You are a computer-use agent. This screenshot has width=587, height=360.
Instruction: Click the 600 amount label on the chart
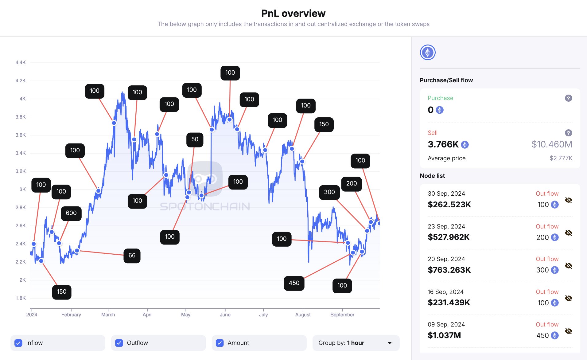(71, 213)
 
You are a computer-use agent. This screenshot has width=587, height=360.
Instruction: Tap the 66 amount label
(132, 256)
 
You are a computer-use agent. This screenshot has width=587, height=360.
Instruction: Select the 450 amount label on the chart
(294, 283)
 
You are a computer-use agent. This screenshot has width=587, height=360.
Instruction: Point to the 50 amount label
(195, 139)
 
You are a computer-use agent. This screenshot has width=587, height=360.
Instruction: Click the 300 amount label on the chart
(329, 192)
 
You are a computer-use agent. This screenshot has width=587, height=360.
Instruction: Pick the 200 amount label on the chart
(352, 184)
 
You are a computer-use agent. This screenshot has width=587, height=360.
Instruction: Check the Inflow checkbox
(18, 343)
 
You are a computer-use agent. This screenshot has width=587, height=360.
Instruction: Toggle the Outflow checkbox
(119, 343)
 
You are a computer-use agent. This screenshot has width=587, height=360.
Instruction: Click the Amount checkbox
(220, 343)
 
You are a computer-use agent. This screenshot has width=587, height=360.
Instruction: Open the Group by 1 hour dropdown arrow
(390, 343)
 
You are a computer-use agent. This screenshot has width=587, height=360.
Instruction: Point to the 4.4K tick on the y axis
(21, 63)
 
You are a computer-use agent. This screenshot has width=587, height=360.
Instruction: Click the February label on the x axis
(71, 315)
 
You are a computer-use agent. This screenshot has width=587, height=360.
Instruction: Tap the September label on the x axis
(342, 315)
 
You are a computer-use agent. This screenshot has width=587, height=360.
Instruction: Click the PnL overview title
(293, 14)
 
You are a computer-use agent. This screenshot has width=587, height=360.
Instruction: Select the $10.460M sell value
(552, 144)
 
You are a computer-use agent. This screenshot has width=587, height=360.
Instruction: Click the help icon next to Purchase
(568, 98)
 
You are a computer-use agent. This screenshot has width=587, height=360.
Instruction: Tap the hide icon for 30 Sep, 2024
(568, 200)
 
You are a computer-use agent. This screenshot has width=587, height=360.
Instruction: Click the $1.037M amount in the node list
(444, 335)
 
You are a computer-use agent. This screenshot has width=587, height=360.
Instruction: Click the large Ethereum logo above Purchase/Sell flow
(428, 53)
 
